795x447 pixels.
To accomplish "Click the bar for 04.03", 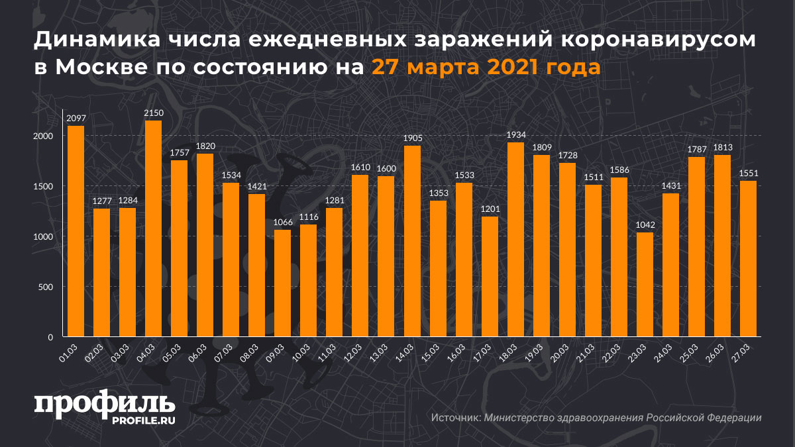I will pos(154,228).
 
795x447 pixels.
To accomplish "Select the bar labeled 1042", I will pos(645,285).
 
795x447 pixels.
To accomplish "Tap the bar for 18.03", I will pos(515,240).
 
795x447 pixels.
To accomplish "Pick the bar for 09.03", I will pos(283,283).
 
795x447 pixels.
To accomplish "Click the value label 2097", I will pos(76,118).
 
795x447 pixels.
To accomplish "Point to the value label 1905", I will pos(412,138).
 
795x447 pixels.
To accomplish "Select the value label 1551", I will pos(748,174).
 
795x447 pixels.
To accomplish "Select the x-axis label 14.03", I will pos(408,350).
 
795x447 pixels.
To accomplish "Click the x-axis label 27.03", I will pos(744,350).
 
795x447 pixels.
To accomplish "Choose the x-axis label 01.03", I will pos(72,350).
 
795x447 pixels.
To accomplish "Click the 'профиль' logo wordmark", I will pos(104,405).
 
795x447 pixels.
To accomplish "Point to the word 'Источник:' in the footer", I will pos(456,418).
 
